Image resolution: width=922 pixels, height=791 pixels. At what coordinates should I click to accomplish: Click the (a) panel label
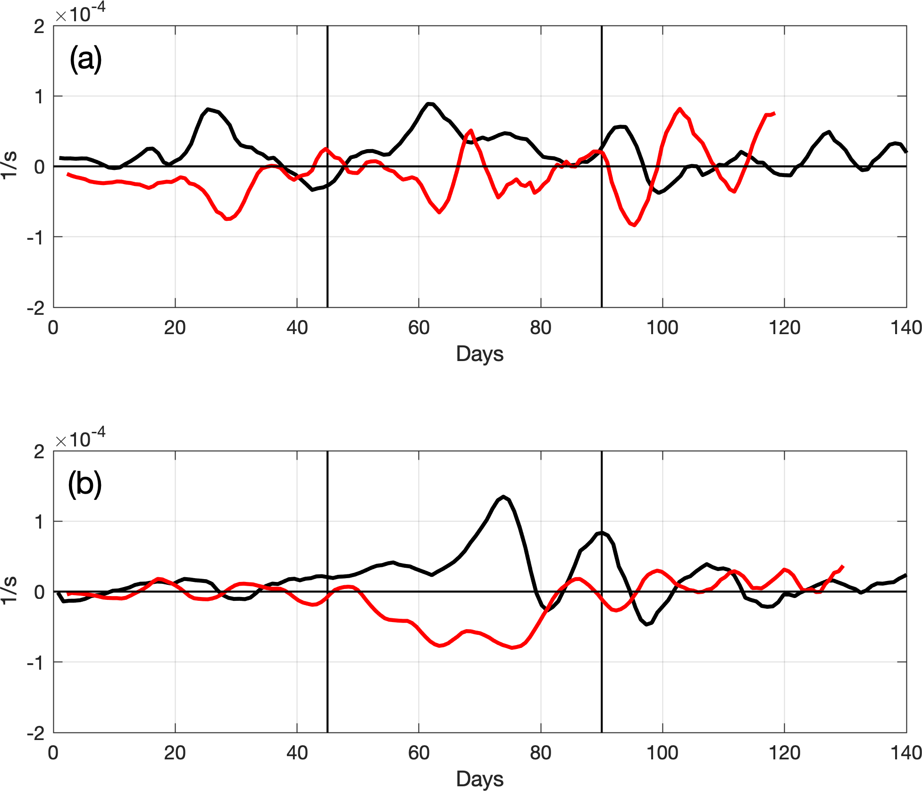tap(85, 59)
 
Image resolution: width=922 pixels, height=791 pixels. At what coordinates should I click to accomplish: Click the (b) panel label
tap(85, 484)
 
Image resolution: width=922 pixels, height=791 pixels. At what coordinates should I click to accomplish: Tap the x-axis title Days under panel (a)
tap(479, 354)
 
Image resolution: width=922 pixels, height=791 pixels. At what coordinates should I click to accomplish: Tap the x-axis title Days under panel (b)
tap(479, 779)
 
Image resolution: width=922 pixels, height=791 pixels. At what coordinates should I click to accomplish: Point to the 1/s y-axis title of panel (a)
tap(9, 165)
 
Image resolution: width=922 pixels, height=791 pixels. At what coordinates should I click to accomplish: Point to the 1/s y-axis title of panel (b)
tap(9, 590)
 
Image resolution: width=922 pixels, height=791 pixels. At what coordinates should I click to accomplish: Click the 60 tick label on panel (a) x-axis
tap(419, 328)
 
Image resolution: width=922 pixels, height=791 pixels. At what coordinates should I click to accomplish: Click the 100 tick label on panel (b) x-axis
tap(662, 753)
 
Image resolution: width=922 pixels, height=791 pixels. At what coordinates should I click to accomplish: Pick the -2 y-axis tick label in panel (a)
tap(36, 309)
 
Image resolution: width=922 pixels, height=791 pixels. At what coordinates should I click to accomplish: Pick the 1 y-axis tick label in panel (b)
tap(40, 522)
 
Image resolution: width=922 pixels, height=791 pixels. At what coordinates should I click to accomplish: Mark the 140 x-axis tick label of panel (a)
tap(906, 328)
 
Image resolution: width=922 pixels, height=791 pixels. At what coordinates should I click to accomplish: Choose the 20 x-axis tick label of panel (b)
tap(175, 753)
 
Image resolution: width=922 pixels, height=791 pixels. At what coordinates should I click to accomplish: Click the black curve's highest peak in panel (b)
tap(503, 497)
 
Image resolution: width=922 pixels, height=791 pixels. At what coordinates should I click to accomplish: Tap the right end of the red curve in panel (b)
tap(843, 566)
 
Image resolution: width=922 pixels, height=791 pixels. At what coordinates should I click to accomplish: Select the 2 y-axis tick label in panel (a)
tap(40, 26)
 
